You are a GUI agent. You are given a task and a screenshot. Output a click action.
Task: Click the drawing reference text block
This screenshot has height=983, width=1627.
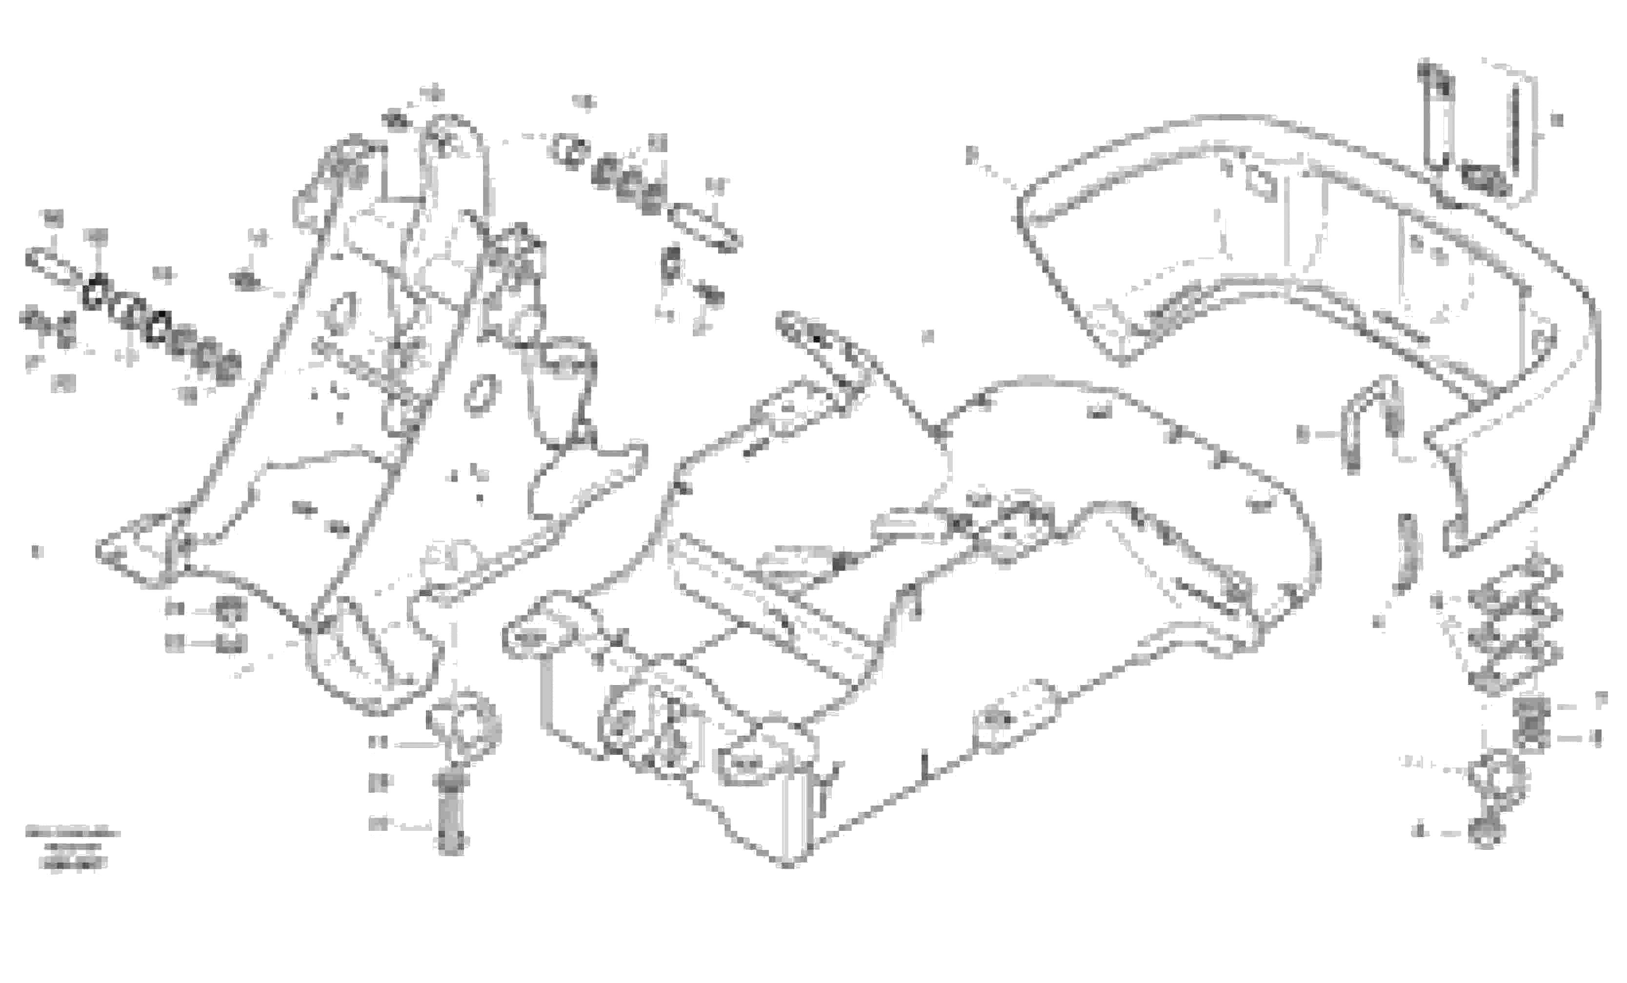point(73,848)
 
